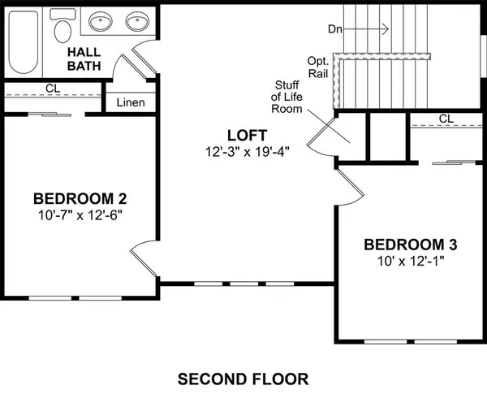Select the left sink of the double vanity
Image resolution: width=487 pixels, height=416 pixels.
click(101, 22)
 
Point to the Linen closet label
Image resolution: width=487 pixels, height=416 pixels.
click(131, 102)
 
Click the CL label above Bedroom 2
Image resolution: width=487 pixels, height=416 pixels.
click(51, 88)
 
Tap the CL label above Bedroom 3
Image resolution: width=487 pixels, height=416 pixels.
click(445, 119)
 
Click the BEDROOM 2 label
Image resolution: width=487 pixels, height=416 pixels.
click(80, 198)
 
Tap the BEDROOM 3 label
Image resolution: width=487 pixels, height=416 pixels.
click(410, 245)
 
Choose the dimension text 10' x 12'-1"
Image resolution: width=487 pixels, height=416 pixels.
click(410, 261)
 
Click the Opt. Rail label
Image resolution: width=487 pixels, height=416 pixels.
click(318, 68)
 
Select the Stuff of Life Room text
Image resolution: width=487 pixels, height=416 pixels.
click(288, 96)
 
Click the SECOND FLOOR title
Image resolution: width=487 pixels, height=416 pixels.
click(243, 379)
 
